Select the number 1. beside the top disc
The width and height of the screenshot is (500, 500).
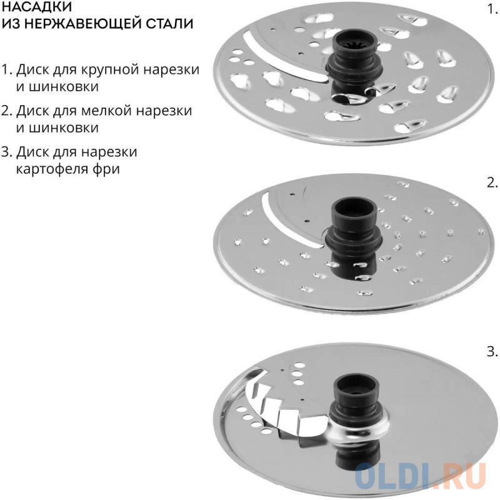(x=492, y=9)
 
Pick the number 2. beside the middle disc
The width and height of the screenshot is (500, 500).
(x=492, y=182)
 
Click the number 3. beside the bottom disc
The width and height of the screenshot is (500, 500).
(x=492, y=352)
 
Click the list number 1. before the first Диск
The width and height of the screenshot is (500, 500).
(x=6, y=69)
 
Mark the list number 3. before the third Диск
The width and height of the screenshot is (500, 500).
(x=6, y=152)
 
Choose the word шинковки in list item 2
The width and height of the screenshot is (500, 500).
(x=57, y=128)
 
